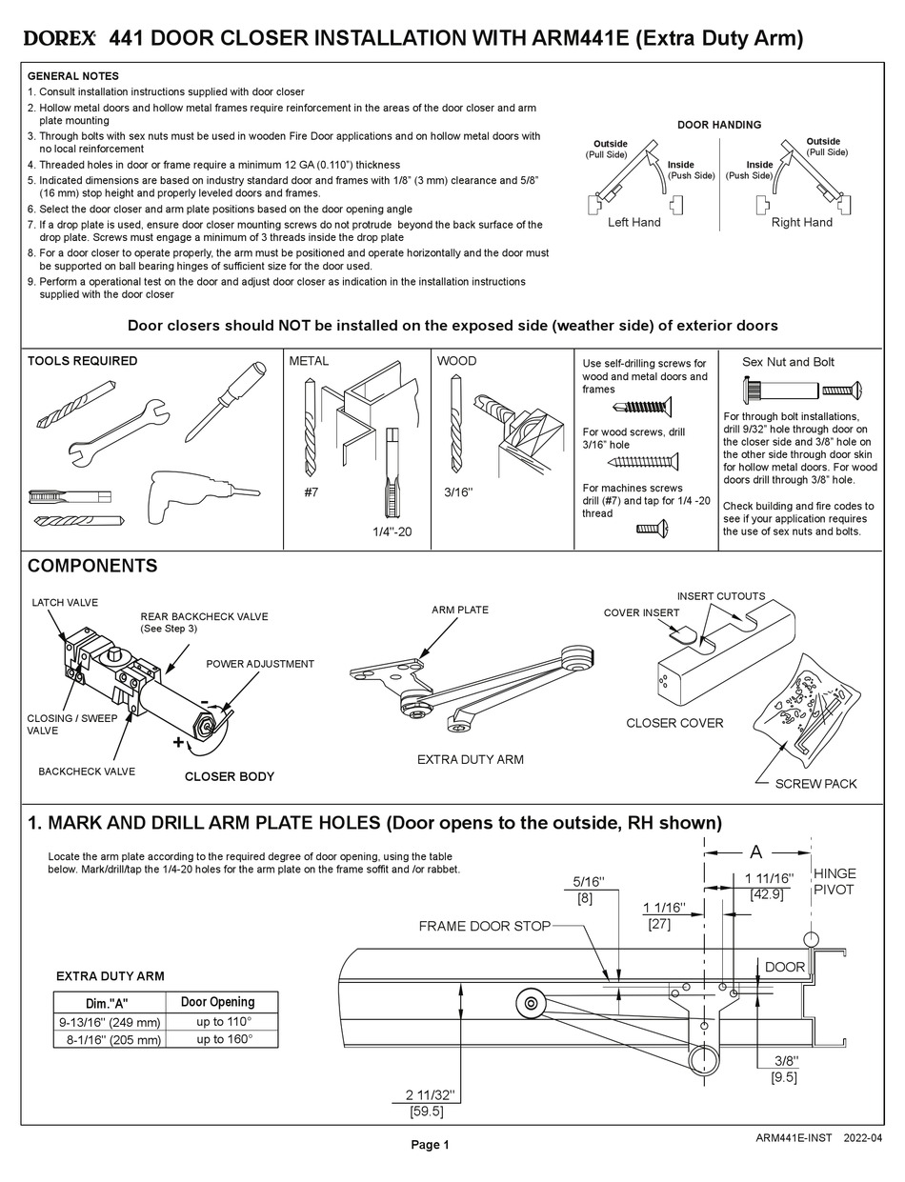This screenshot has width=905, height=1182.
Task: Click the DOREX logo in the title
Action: pyautogui.click(x=59, y=39)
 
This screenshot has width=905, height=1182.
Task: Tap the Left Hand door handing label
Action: pyautogui.click(x=633, y=222)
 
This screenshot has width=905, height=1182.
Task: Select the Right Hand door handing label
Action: pyautogui.click(x=801, y=222)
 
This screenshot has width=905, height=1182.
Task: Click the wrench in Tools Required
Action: pyautogui.click(x=119, y=430)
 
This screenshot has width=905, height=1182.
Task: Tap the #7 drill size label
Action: pyautogui.click(x=311, y=493)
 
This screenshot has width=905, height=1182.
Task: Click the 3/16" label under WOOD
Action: pyautogui.click(x=459, y=493)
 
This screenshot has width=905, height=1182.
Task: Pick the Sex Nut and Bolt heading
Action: pyautogui.click(x=788, y=362)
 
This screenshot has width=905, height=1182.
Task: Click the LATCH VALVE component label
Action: pyautogui.click(x=65, y=602)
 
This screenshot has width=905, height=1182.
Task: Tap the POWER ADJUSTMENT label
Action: pyautogui.click(x=260, y=664)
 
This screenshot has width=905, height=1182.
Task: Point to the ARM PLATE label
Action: pyautogui.click(x=459, y=610)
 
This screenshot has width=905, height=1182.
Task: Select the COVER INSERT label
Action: pyautogui.click(x=641, y=612)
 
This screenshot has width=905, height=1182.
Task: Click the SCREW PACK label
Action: pyautogui.click(x=815, y=783)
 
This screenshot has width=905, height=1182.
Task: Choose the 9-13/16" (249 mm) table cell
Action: pyautogui.click(x=109, y=1022)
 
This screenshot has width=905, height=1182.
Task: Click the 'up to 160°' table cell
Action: pyautogui.click(x=224, y=1039)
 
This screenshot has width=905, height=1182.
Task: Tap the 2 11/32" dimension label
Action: pyautogui.click(x=430, y=1094)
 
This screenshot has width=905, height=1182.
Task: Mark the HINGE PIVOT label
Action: pyautogui.click(x=834, y=881)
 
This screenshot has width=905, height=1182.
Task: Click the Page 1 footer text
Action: pyautogui.click(x=430, y=1145)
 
